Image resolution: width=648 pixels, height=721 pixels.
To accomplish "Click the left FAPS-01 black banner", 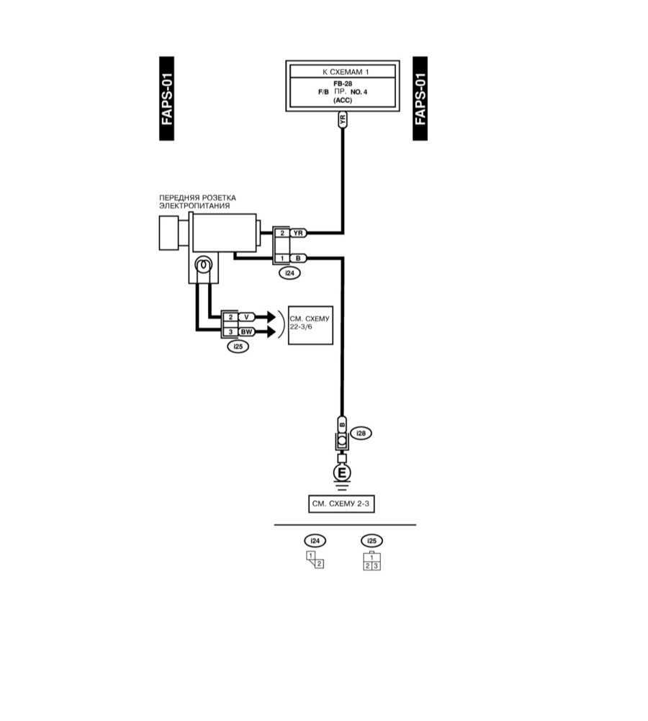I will point(166,99).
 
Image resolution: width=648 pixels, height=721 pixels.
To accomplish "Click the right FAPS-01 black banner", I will point(420,99).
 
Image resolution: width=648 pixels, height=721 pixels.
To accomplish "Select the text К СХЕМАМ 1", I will point(342,71).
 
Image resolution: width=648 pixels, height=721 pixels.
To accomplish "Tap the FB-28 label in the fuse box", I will point(342,84).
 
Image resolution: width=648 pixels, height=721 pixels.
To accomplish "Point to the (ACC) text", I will point(342,102).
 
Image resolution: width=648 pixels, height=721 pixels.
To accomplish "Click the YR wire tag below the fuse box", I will point(343,120).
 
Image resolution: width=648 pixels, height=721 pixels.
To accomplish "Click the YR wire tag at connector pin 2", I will point(300,233).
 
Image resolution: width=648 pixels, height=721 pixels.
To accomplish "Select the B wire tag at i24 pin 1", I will point(300,258).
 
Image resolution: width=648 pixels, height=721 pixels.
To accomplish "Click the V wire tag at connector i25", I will point(247,317).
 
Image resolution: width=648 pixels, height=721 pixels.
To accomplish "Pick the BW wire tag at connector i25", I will point(247,332).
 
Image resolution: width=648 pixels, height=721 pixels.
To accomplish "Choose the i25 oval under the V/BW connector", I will point(237,347).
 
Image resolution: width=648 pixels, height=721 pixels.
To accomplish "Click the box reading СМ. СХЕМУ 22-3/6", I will point(310,324).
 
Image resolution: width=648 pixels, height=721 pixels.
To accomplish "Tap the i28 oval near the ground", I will point(361,434).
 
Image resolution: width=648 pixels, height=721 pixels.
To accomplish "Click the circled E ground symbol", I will point(343,473).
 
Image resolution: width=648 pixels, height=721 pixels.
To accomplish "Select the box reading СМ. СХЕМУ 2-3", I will point(341,504).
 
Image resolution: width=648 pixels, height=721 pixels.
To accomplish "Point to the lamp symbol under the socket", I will point(204,266).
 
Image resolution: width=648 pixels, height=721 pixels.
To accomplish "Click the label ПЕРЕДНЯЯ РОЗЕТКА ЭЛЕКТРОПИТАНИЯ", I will point(197,202).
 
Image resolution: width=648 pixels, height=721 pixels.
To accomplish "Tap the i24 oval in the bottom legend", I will point(315,541).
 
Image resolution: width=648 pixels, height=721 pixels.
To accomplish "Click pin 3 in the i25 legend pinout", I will point(376,566).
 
